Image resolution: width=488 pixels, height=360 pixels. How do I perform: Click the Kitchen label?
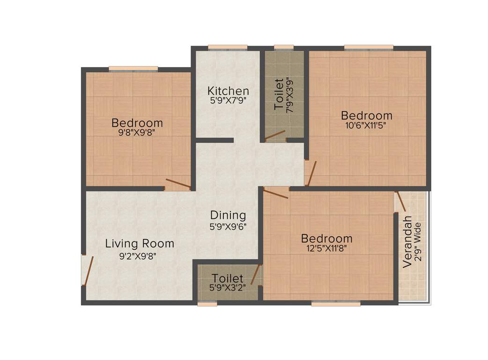coord(228,90)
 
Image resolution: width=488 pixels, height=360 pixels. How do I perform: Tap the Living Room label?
coord(140,244)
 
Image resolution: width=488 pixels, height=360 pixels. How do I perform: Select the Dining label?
coord(228,215)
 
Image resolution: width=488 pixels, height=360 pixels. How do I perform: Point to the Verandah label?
coord(407,241)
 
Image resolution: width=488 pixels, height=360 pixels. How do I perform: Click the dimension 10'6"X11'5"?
coord(366,125)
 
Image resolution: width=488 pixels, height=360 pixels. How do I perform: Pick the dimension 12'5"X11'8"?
coord(326,248)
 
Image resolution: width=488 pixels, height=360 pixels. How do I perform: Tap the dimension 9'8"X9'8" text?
coord(137,133)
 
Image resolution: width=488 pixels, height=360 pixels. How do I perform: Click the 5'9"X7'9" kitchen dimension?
coord(228,100)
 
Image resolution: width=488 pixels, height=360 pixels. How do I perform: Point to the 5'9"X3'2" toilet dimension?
coord(227,287)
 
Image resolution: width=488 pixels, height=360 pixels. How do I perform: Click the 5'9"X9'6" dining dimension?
coord(228,226)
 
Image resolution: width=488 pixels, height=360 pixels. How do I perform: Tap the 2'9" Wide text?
coord(418,245)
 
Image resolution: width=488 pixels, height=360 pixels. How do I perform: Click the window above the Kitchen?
coord(228,47)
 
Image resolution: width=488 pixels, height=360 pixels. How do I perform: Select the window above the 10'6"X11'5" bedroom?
coord(369,47)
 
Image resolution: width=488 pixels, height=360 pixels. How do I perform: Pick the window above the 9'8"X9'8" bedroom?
coord(133,69)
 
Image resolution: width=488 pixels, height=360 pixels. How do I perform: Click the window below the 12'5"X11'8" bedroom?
coord(336,304)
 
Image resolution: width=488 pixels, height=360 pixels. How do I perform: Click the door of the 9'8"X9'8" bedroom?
coord(177,184)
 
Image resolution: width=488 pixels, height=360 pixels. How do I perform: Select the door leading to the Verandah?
coord(399,200)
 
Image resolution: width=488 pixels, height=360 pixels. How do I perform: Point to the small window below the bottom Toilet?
coord(207,304)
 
